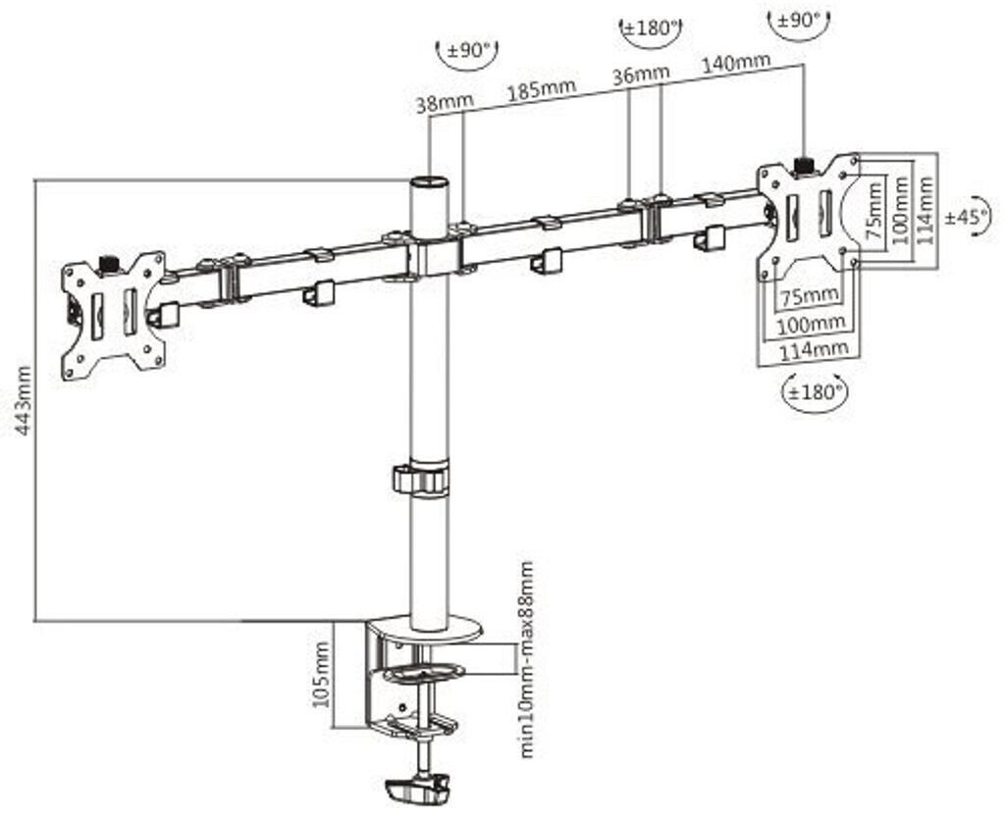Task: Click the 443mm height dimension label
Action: tap(24, 400)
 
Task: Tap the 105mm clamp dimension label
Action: tap(321, 675)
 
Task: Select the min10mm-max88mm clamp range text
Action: tap(526, 659)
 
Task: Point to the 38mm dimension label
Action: tap(445, 102)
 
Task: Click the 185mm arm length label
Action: tap(542, 90)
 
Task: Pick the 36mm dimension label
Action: tap(641, 75)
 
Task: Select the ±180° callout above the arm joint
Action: tap(651, 28)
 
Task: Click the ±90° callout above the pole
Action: tap(467, 50)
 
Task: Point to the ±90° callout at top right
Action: tap(799, 21)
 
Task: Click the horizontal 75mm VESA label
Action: tap(809, 295)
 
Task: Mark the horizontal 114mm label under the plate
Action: tap(814, 349)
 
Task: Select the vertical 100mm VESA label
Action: tap(901, 210)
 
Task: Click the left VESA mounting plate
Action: tap(114, 315)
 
